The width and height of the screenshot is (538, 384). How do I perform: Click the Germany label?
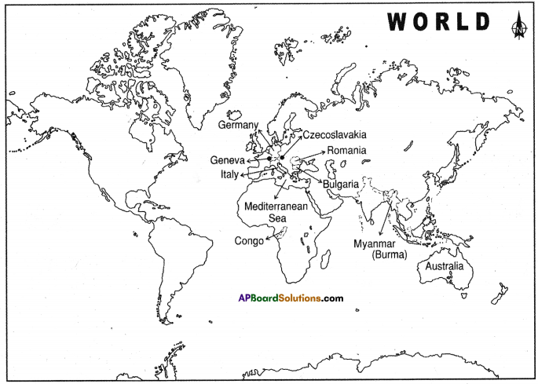(239, 125)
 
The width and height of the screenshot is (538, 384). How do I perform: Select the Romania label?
(345, 150)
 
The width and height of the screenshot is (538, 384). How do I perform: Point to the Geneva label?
(227, 160)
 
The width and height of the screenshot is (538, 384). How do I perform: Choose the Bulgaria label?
(341, 184)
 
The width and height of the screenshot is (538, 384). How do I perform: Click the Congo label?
(249, 241)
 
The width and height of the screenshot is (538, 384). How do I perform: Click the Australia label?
(445, 267)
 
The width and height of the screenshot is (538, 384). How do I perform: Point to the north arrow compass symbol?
(517, 26)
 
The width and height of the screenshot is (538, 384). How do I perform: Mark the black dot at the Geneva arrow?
(268, 159)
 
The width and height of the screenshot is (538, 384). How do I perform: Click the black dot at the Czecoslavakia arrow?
(282, 158)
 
